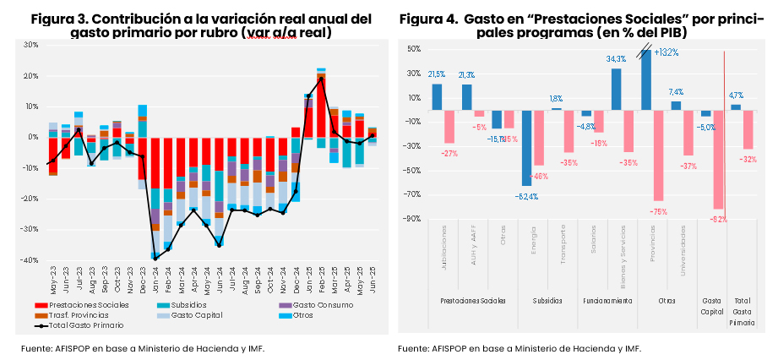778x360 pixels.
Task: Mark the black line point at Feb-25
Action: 321,79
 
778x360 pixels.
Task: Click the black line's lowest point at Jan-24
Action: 155,258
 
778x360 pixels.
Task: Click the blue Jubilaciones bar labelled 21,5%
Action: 437,96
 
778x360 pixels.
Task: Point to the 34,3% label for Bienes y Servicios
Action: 616,59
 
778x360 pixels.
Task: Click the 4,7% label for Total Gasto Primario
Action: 736,95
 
